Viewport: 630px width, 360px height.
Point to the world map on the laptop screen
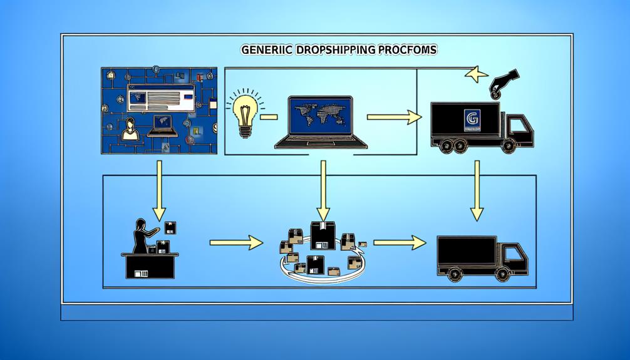[x=320, y=118]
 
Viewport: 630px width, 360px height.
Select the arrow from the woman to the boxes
[x=236, y=242]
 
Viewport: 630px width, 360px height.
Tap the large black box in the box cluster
[x=323, y=234]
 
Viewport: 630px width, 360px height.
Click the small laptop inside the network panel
[x=162, y=125]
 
